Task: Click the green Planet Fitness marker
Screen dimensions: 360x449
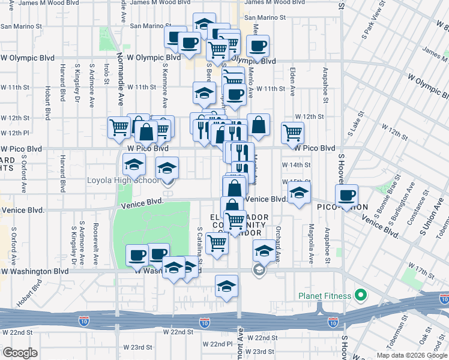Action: pyautogui.click(x=360, y=295)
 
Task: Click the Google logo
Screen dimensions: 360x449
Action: pyautogui.click(x=20, y=352)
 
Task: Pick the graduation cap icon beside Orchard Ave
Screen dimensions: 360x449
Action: pyautogui.click(x=264, y=250)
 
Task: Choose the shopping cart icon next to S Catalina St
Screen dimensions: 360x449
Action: pyautogui.click(x=217, y=243)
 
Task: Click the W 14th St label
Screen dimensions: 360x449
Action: pyautogui.click(x=297, y=164)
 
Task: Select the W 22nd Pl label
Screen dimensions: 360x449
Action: pyautogui.click(x=217, y=344)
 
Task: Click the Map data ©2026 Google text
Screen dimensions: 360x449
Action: pyautogui.click(x=411, y=355)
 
